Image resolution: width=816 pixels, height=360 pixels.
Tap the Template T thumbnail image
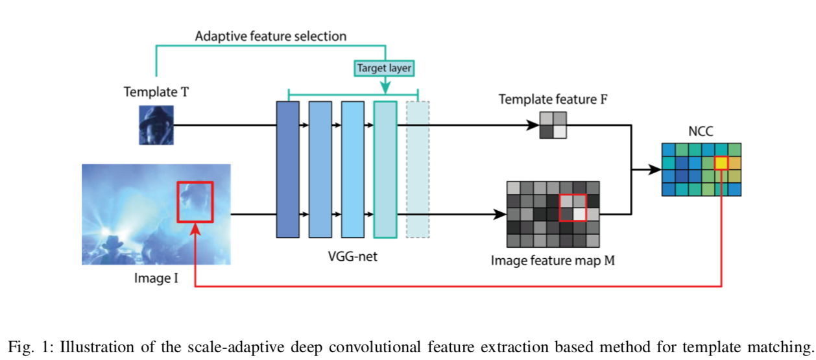(156, 125)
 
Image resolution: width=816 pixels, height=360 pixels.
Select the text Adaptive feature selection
(270, 36)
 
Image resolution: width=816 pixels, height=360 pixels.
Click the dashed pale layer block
(417, 169)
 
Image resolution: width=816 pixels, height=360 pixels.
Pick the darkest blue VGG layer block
(287, 169)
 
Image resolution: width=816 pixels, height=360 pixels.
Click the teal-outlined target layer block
(385, 169)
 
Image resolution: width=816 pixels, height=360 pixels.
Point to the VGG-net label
(352, 257)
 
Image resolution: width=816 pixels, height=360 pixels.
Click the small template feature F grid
(553, 125)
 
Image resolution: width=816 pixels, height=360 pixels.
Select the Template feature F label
(551, 99)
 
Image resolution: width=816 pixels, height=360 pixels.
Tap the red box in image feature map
(573, 208)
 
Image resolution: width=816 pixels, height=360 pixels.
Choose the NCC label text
(701, 130)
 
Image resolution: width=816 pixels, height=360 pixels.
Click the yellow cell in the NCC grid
(721, 163)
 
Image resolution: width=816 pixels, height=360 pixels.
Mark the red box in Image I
(195, 202)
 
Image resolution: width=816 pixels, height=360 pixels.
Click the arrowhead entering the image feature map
(501, 214)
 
